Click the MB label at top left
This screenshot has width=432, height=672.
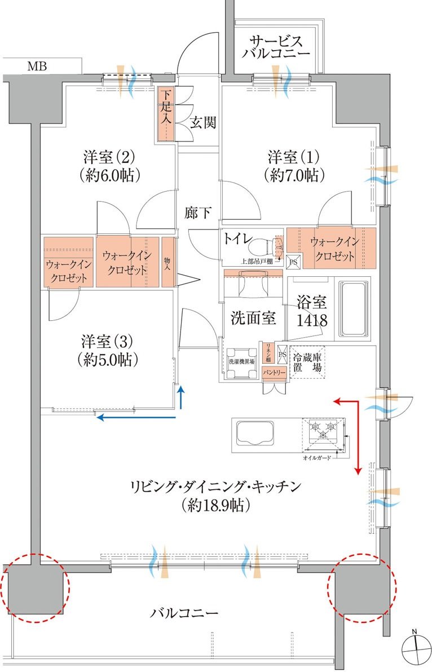38,67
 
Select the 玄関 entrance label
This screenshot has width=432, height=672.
202,122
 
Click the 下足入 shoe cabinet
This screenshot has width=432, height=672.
166,113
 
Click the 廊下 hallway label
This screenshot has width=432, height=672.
199,213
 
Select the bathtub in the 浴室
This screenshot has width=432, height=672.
354,311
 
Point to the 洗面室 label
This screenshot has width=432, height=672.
253,318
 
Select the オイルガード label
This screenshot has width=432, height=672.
316,458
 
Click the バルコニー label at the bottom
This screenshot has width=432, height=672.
184,613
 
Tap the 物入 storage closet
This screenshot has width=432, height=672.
167,263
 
